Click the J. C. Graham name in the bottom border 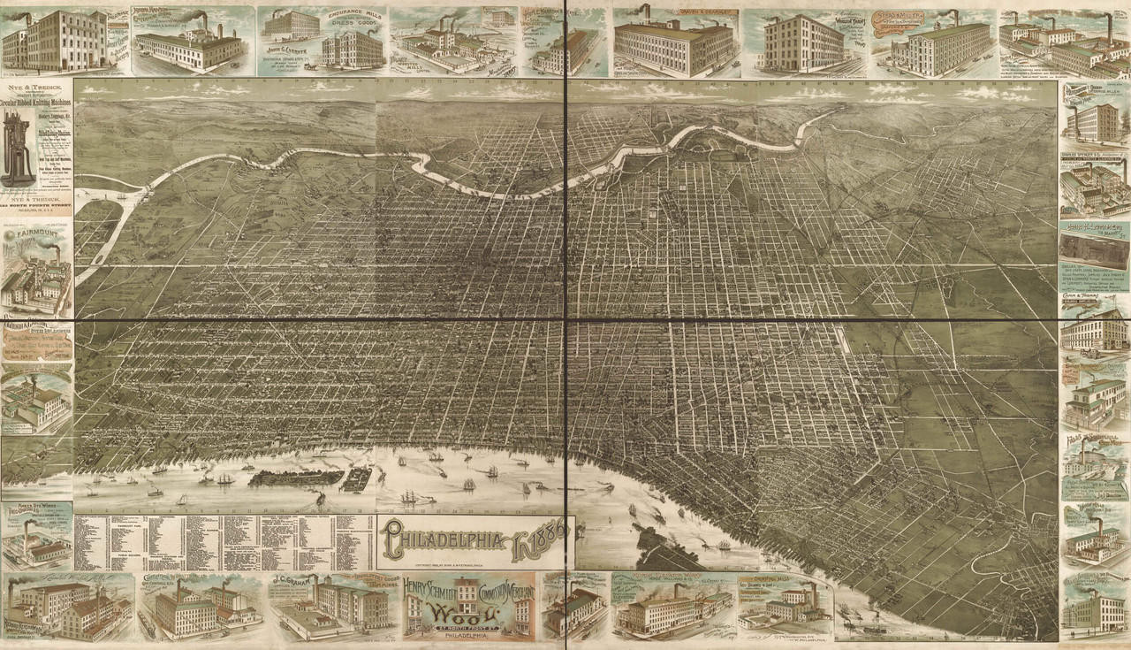298,582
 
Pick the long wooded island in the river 296,478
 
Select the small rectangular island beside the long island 357,480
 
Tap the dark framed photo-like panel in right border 1094,237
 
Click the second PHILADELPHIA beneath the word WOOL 467,636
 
